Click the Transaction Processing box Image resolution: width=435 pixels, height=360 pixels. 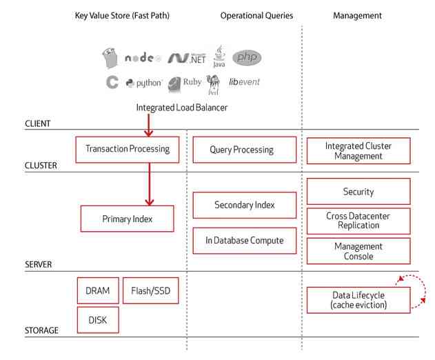coord(128,150)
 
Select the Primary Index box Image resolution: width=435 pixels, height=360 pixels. coord(128,219)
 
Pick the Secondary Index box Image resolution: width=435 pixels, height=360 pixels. coord(244,205)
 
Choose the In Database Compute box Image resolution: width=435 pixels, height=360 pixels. coord(244,240)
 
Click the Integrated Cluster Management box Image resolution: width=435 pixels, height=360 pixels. coord(358,151)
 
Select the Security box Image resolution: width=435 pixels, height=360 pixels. coord(358,191)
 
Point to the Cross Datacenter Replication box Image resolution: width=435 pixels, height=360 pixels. coord(358,221)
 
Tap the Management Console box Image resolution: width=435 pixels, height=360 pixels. coord(358,251)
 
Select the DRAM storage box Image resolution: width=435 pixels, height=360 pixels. coord(97,290)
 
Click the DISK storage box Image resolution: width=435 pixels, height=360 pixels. coord(97,320)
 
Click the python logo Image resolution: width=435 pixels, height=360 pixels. coord(144,83)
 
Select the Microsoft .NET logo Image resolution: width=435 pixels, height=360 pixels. coord(187,58)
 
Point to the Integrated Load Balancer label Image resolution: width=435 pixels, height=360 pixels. coord(181,108)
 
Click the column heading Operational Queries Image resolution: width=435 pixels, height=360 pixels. coord(256,15)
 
